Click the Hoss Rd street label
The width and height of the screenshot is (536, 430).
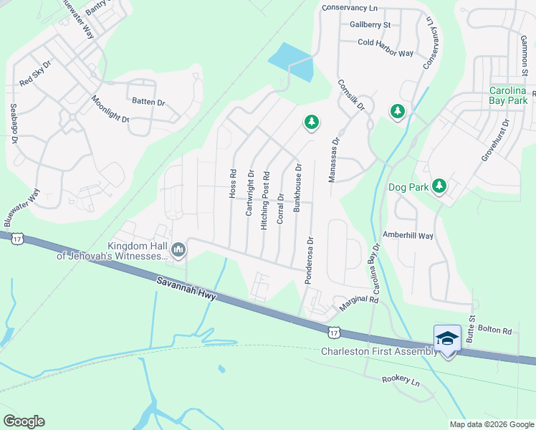coord(232,183)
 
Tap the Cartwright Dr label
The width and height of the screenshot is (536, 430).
coord(250,192)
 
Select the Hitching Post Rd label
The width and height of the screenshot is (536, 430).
coord(265,200)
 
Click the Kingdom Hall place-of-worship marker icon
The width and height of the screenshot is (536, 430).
coord(178,249)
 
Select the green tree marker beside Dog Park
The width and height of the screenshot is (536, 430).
coord(439,186)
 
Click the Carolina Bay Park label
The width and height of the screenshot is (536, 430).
coord(508,95)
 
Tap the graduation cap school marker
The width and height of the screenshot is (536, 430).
coord(447,337)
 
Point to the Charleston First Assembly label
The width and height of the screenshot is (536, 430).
coord(378,351)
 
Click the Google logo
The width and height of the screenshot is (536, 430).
coord(24,421)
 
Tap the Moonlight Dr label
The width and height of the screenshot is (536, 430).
coord(110,109)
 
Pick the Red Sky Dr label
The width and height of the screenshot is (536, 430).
coord(36,73)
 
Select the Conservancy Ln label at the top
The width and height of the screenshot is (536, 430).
coord(348,8)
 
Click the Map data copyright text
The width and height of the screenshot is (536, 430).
coord(492,424)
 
